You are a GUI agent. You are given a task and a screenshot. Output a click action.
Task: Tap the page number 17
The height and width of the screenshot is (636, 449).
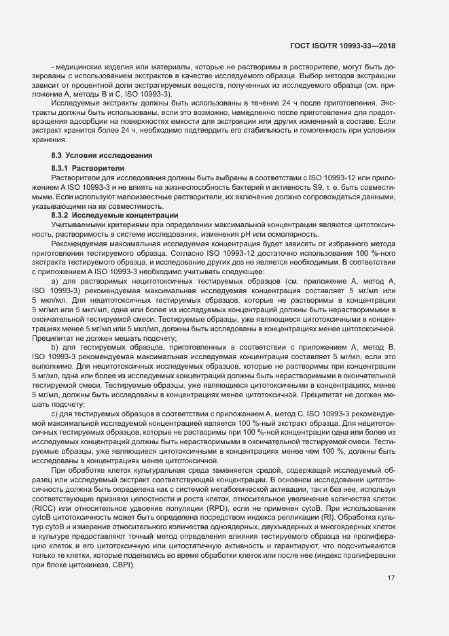(391, 579)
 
